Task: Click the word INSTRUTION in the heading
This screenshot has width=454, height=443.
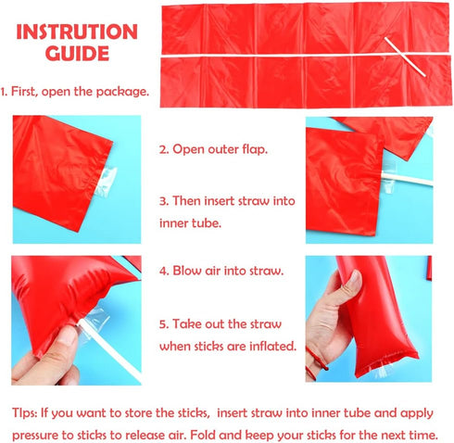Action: click(x=77, y=32)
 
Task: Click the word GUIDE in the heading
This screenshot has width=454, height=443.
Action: click(x=77, y=53)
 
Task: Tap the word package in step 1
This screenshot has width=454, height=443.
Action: click(x=122, y=92)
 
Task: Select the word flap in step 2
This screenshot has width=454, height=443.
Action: click(x=255, y=149)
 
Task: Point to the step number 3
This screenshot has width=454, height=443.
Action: click(x=164, y=201)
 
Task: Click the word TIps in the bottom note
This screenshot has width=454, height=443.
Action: click(x=24, y=413)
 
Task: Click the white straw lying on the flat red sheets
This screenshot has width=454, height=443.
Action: click(x=405, y=57)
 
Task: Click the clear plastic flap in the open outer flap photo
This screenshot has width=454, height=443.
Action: click(x=105, y=182)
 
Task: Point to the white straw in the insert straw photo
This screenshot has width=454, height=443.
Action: click(x=407, y=179)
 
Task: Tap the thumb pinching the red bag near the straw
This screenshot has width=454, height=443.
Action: click(x=65, y=341)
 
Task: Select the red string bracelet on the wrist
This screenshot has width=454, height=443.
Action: click(x=316, y=361)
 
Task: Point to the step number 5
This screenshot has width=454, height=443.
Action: click(x=164, y=324)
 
